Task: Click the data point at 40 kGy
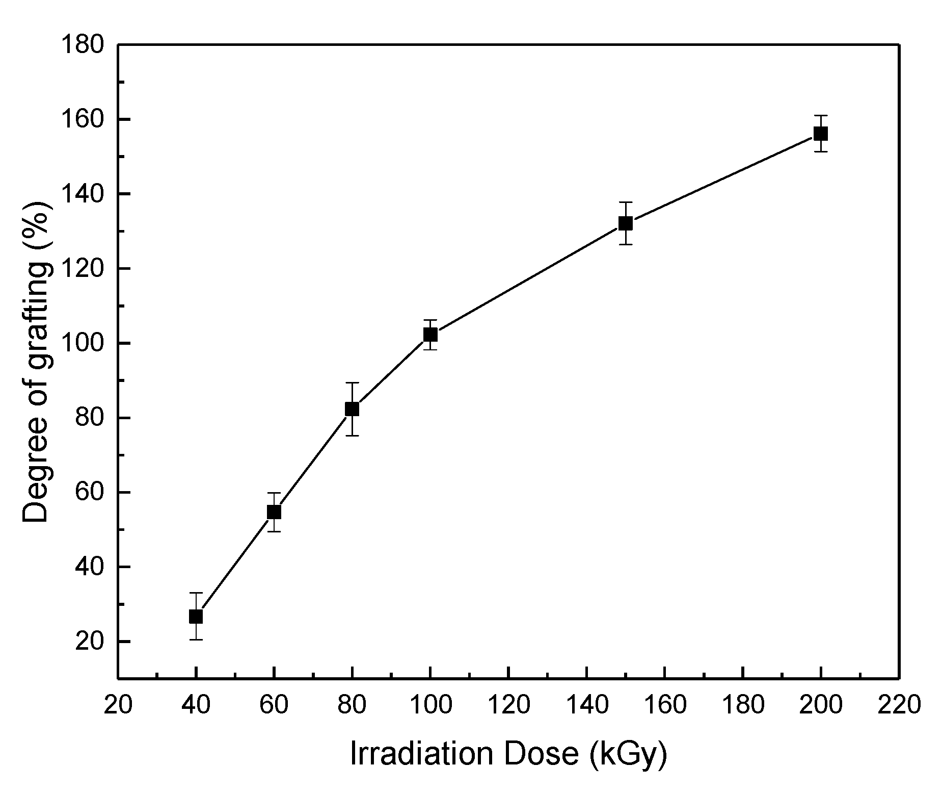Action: [196, 617]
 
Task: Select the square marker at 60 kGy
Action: [274, 512]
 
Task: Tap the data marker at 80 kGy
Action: [352, 409]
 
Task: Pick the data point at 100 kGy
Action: [430, 335]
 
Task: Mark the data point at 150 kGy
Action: [626, 223]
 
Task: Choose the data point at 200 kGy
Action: [821, 134]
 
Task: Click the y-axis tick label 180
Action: [82, 45]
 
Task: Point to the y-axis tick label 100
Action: [82, 343]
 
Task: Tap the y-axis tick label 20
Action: [90, 642]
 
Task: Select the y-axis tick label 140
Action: [82, 194]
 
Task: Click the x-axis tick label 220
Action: [899, 706]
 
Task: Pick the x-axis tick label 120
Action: [508, 706]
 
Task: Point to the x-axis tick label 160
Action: [664, 706]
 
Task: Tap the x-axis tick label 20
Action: [118, 706]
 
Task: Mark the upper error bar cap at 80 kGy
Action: [352, 382]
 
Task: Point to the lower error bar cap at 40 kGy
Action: [196, 640]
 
